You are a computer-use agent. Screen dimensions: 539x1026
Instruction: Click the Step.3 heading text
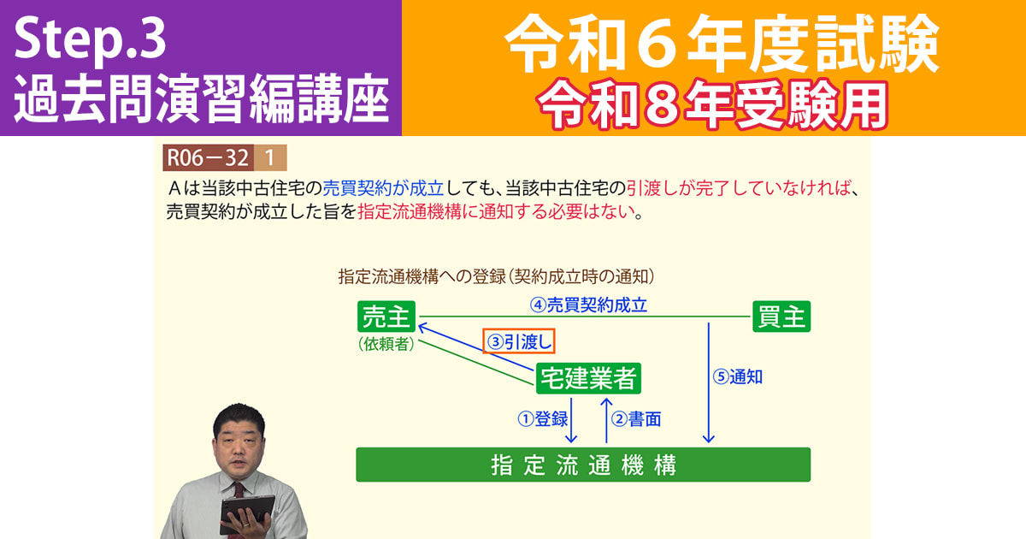coord(90,40)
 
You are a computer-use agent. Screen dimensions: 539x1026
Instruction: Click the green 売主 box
coord(386,317)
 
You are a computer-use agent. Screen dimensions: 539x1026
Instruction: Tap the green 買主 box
coord(781,317)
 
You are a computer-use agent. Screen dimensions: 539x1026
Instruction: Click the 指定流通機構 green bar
coord(583,465)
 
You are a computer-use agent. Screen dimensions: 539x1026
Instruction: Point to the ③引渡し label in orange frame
coord(520,342)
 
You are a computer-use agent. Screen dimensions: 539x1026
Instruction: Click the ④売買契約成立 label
coord(588,304)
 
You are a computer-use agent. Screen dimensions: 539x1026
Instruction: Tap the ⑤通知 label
coord(739,376)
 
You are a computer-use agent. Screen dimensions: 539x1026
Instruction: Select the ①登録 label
coord(543,419)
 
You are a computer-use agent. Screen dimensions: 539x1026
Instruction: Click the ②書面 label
coord(637,419)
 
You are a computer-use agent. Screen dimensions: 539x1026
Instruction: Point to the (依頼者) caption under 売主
coord(386,344)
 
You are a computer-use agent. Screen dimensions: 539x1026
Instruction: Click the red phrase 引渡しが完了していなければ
coord(740,187)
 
